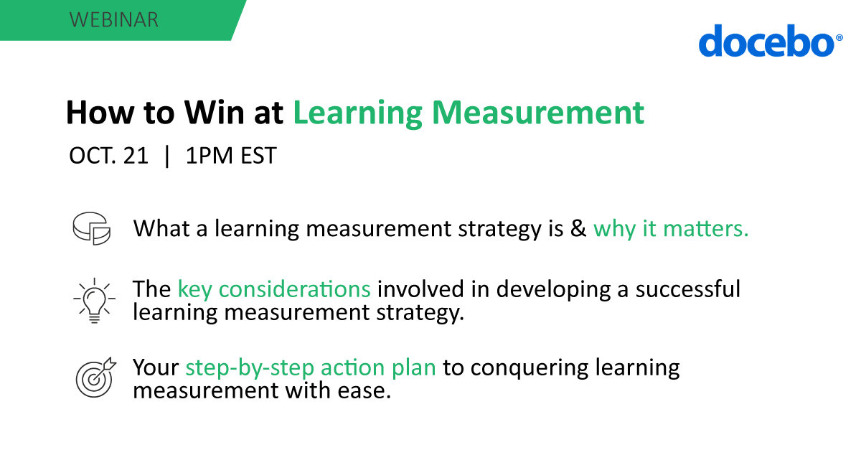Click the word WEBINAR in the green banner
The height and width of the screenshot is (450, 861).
(114, 19)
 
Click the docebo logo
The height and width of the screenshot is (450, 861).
(765, 42)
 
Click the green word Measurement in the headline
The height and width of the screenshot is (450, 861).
(541, 113)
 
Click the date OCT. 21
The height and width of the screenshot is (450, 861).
(108, 156)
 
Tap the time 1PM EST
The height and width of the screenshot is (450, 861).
(230, 156)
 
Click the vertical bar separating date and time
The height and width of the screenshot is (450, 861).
(167, 156)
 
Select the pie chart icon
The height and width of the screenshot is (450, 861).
(91, 229)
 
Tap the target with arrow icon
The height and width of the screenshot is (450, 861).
(95, 377)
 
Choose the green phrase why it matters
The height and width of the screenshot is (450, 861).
(671, 229)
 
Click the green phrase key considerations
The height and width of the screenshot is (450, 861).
(274, 289)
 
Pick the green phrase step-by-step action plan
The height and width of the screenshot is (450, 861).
(311, 367)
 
